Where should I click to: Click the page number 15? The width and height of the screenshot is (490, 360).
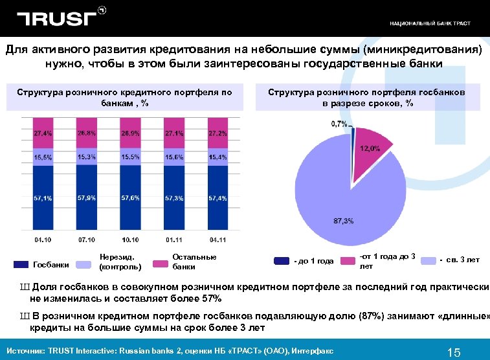click(x=453, y=352)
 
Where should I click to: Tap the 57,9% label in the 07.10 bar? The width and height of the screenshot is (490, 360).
click(x=87, y=197)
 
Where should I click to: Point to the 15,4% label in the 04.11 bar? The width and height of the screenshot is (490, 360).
click(x=217, y=157)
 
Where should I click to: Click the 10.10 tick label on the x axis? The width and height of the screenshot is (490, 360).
click(x=130, y=240)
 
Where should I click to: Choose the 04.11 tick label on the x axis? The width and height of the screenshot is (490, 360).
click(x=217, y=240)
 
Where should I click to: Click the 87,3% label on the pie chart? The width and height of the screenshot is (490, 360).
click(x=343, y=221)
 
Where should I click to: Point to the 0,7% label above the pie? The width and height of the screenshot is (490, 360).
click(x=339, y=123)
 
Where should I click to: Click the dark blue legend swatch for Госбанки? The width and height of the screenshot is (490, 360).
click(x=21, y=264)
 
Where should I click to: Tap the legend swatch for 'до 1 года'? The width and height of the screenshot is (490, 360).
click(x=282, y=260)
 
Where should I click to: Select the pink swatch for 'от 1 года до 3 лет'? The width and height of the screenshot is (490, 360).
click(x=348, y=260)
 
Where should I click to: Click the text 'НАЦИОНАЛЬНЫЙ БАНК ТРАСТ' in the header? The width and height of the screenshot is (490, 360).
click(x=430, y=23)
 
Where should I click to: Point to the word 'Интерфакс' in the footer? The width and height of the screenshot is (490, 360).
click(x=315, y=351)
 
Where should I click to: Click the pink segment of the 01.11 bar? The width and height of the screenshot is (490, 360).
click(x=174, y=133)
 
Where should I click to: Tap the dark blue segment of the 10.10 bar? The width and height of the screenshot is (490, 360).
click(x=130, y=201)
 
